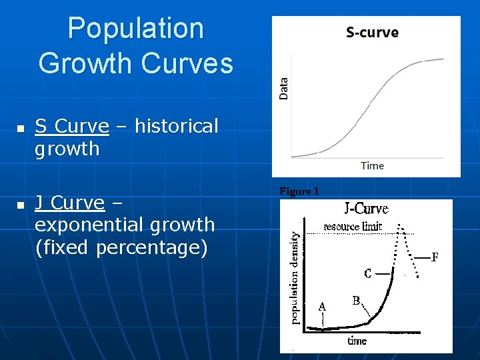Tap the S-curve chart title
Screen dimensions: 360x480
[372, 32]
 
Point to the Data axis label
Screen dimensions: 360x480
[284, 89]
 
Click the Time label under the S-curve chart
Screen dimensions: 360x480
[372, 165]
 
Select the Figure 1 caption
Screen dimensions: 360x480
[299, 191]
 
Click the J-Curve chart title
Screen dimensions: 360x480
[366, 209]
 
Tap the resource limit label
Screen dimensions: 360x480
[353, 226]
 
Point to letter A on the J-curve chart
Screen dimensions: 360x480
[322, 307]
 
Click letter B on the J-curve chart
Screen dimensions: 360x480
[357, 301]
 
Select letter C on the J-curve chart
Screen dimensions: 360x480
[368, 273]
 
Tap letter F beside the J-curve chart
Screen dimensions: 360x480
[435, 257]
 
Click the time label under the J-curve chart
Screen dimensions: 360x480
[357, 341]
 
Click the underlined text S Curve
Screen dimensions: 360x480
[71, 126]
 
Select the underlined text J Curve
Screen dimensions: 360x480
[69, 203]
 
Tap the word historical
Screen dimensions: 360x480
[176, 126]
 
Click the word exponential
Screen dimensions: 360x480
[91, 225]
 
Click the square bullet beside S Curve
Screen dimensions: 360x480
[21, 127]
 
